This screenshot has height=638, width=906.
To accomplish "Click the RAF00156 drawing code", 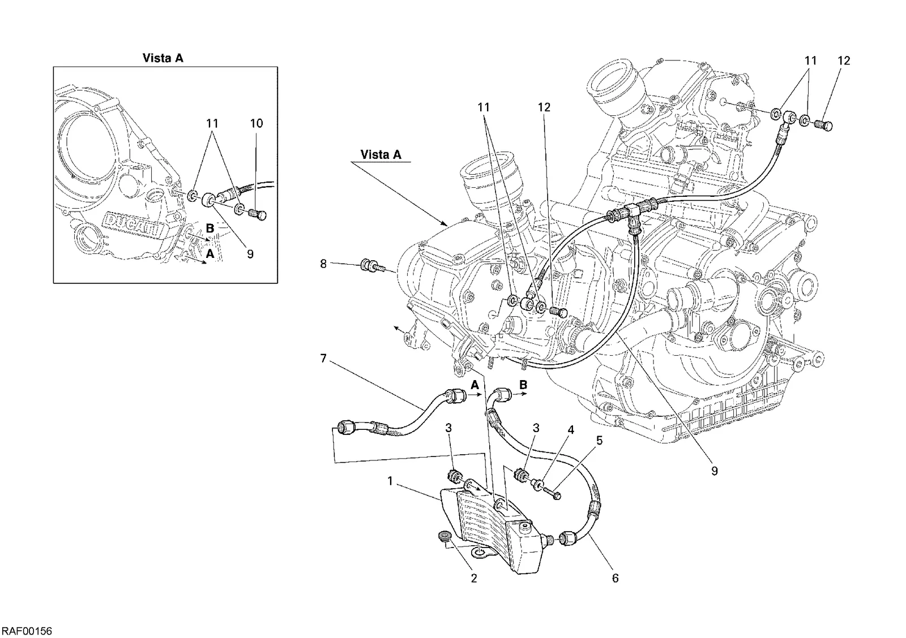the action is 27,631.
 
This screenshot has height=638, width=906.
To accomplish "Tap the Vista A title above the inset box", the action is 163,58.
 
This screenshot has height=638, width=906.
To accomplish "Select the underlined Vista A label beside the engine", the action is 381,154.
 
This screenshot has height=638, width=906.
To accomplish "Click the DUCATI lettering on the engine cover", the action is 135,225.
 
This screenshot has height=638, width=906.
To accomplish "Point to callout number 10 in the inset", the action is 257,123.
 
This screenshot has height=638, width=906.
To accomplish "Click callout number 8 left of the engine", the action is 323,264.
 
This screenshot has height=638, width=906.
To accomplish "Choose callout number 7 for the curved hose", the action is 323,359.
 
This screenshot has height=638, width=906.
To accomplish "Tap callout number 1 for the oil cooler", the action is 390,481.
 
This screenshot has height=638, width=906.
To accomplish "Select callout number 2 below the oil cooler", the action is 474,578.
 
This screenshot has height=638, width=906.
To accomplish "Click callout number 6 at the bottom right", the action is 615,578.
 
